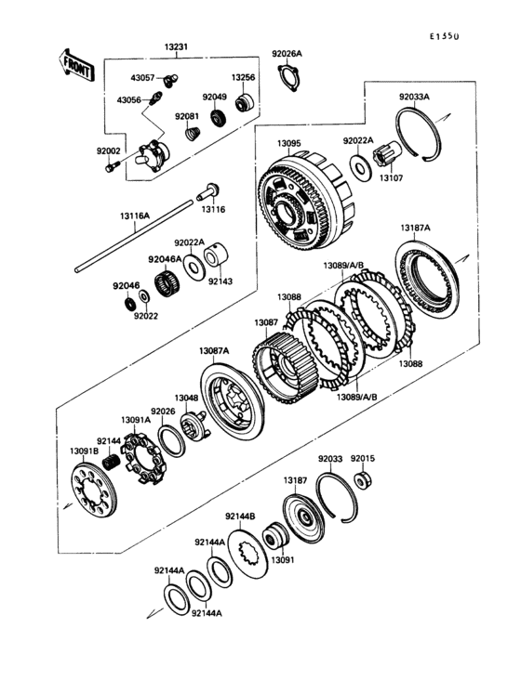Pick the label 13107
(392, 177)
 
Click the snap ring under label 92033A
(418, 135)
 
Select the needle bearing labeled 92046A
(167, 283)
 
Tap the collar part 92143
(216, 255)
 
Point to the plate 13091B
(94, 490)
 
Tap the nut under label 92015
(364, 480)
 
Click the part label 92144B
(240, 517)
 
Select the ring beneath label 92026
(171, 441)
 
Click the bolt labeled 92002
(112, 166)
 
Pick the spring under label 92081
(193, 133)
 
